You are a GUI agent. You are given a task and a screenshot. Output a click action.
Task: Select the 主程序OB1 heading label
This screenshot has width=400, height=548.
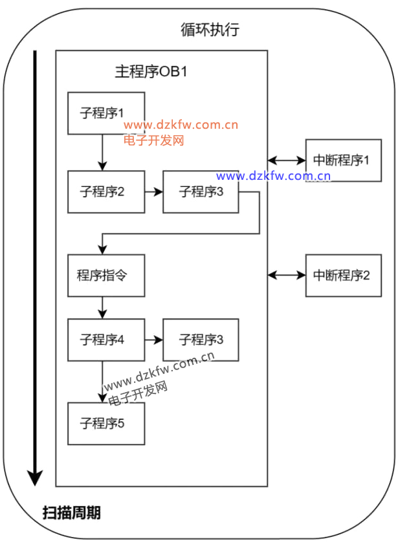point(151,72)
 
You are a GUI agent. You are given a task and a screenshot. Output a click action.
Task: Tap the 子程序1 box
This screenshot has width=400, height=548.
point(106,113)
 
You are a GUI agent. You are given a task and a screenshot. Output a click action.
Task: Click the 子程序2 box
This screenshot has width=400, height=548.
point(106,192)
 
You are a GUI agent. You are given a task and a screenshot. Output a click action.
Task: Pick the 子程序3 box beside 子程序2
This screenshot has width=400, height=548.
point(201,192)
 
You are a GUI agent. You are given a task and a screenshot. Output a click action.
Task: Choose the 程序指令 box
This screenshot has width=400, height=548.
point(106,275)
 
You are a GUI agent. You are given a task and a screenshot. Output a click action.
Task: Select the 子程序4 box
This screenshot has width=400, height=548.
point(106,339)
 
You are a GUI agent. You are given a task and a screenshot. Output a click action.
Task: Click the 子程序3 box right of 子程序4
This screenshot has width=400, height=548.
point(201,339)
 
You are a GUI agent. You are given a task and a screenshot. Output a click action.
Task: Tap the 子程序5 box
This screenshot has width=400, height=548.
point(106,423)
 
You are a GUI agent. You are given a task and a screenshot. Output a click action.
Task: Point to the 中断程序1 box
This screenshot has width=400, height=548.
point(343,160)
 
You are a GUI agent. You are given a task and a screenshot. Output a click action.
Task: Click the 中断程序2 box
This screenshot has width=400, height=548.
point(343,275)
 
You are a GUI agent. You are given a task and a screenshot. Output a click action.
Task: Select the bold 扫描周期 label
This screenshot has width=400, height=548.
point(71,514)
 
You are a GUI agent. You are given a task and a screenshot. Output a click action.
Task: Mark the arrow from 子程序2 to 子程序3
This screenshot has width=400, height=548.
point(153,192)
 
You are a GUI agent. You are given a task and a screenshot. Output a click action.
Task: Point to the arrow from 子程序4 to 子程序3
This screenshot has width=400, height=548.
point(153,339)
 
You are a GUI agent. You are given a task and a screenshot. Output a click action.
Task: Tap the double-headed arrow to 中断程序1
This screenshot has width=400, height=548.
point(287,160)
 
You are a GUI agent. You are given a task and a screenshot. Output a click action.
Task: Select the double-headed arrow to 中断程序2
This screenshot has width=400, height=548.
point(287,275)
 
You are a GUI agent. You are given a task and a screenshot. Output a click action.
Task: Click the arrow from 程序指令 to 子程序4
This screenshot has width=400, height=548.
point(102,307)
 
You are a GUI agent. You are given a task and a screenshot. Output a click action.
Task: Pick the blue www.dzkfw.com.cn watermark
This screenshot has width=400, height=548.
point(274,176)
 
